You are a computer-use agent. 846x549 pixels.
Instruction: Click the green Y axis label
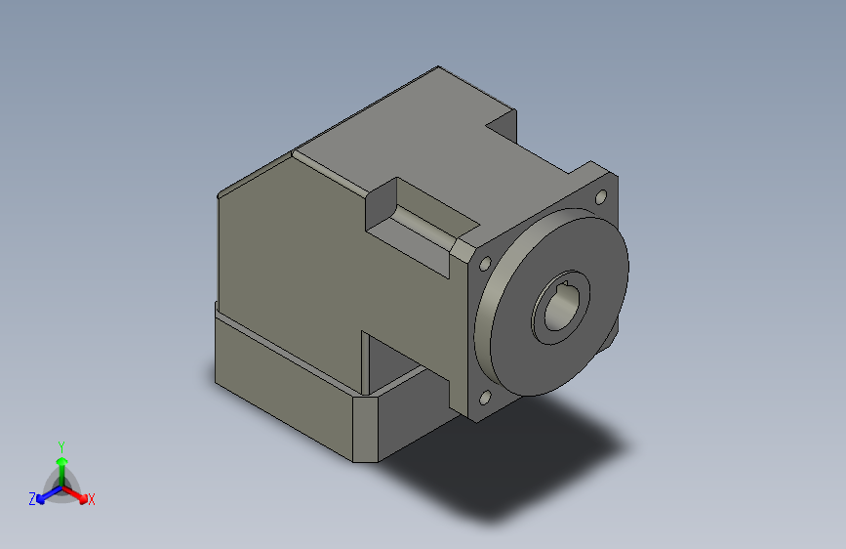pos(60,445)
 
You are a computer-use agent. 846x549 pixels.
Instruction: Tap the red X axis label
pos(92,499)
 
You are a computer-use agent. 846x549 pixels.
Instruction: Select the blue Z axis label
pos(32,498)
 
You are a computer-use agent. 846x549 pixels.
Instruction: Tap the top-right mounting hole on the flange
pos(601,198)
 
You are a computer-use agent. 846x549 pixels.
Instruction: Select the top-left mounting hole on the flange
pos(485,262)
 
